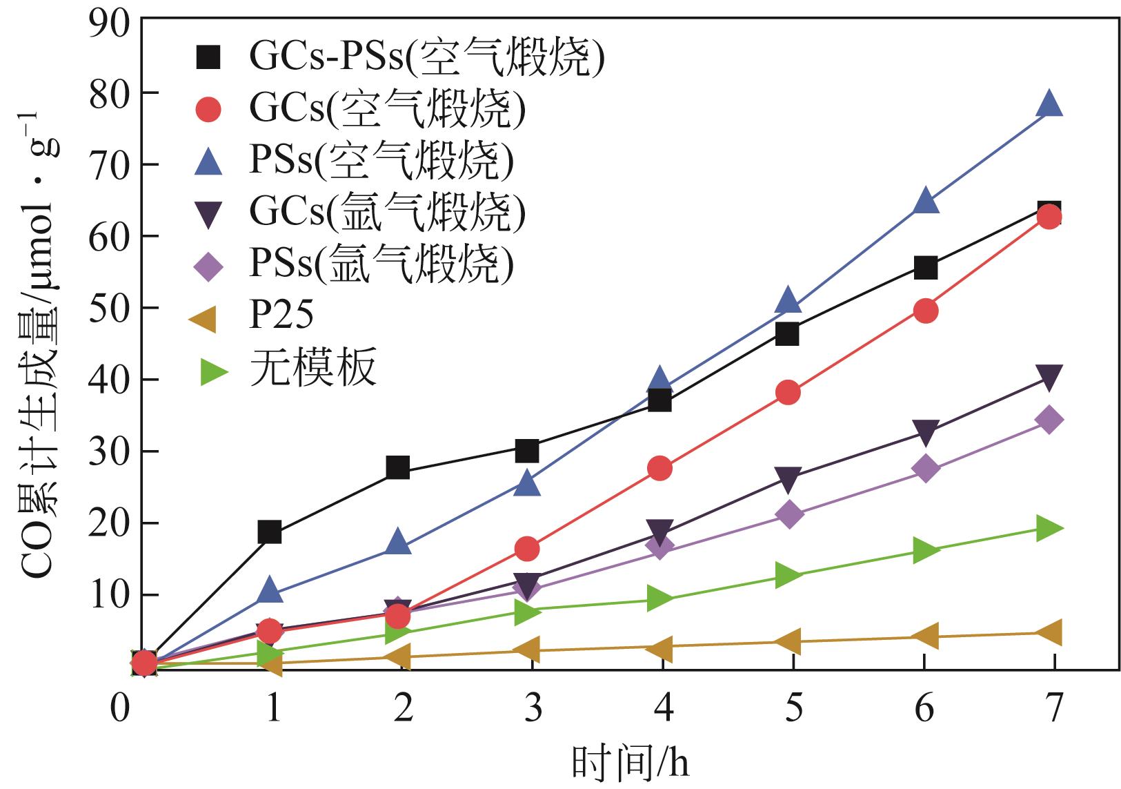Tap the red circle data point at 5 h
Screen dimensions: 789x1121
(788, 393)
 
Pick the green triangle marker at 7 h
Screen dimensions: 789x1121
(1049, 529)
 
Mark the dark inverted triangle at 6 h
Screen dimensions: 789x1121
(925, 433)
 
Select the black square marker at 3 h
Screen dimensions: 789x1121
(527, 451)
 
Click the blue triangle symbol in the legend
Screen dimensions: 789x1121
(208, 161)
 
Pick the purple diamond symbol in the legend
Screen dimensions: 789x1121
(208, 265)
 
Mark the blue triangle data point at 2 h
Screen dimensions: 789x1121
(398, 543)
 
